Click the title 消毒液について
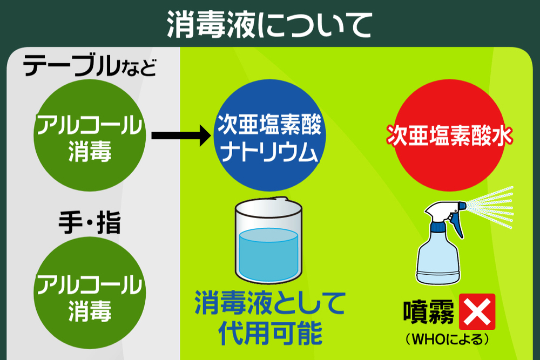point(269,24)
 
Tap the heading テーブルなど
point(90,66)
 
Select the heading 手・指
point(90,223)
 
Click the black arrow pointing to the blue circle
point(181,135)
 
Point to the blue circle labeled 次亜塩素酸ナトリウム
point(269,135)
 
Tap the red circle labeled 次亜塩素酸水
point(449,135)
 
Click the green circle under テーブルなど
point(90,135)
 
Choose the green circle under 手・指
point(90,293)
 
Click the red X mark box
point(477,312)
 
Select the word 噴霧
point(429,312)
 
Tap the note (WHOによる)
point(447,339)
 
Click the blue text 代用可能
point(271,333)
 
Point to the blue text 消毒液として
point(271,303)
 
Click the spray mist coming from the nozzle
point(490,207)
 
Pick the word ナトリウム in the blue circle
point(269,152)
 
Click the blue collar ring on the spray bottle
point(438,227)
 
